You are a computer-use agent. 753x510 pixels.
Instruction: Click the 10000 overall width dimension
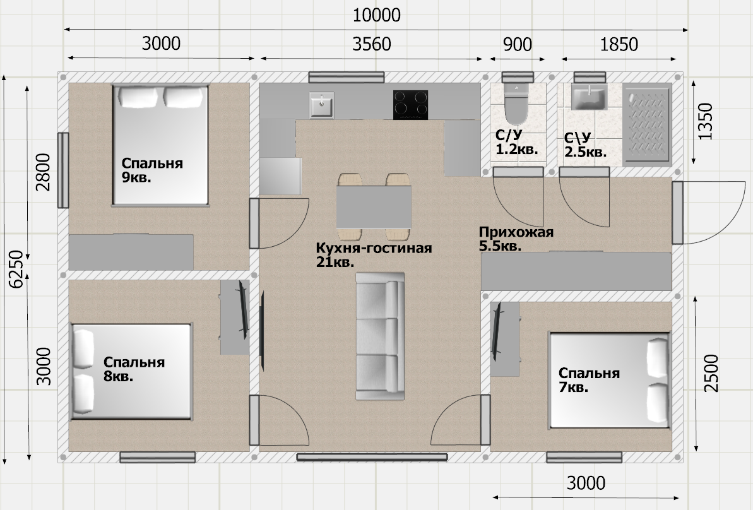point(376,15)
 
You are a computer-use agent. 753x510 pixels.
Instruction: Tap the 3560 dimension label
point(372,44)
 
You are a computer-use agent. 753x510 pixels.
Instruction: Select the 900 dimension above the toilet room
point(517,45)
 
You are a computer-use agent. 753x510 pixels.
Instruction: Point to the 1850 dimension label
point(619,45)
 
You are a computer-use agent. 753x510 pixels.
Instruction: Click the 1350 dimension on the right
point(706,121)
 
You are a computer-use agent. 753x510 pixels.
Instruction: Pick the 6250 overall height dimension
point(16,269)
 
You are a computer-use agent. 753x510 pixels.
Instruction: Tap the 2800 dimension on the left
point(43,172)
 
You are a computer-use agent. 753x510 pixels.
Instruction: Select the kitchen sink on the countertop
point(321,105)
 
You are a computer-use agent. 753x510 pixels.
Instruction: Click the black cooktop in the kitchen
point(411,105)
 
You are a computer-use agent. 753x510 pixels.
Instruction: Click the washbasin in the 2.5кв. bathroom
point(589,97)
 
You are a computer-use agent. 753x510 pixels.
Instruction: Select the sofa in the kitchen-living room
point(380,336)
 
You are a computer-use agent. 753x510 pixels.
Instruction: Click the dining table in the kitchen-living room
point(374,207)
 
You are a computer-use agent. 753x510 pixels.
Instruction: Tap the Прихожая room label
point(516,232)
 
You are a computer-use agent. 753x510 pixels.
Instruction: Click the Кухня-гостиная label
point(374,248)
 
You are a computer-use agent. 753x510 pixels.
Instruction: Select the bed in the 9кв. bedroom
point(160,146)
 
